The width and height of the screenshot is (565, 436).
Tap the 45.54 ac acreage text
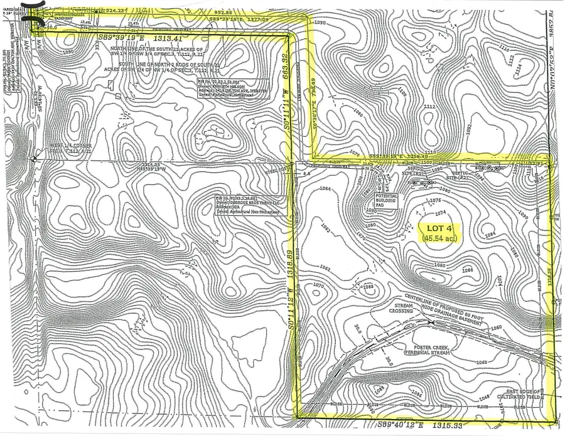click(439, 238)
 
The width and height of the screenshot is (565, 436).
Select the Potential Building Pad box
click(387, 199)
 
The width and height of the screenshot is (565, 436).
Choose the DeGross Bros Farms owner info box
click(246, 206)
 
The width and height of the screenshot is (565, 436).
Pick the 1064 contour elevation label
click(325, 189)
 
